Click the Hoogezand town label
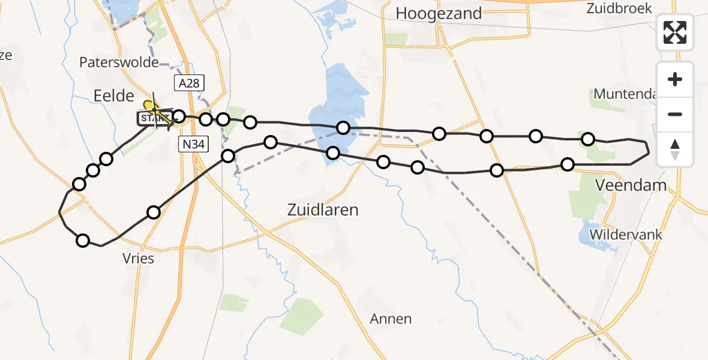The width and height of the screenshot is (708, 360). tap(439, 13)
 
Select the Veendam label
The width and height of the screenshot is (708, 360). tap(630, 185)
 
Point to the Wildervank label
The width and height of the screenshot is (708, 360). tap(626, 234)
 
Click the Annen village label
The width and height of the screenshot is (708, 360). tap(391, 319)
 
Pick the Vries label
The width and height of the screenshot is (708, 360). tap(138, 259)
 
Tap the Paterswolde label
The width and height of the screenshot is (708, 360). tap(119, 62)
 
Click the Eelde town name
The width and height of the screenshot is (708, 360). tap(113, 94)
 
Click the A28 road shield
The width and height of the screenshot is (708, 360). tap(188, 83)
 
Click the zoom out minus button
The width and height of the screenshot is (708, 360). tap(675, 114)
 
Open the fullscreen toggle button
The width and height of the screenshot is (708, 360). tap(675, 32)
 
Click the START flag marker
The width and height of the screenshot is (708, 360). tap(154, 119)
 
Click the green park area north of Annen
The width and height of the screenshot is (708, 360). tap(302, 316)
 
